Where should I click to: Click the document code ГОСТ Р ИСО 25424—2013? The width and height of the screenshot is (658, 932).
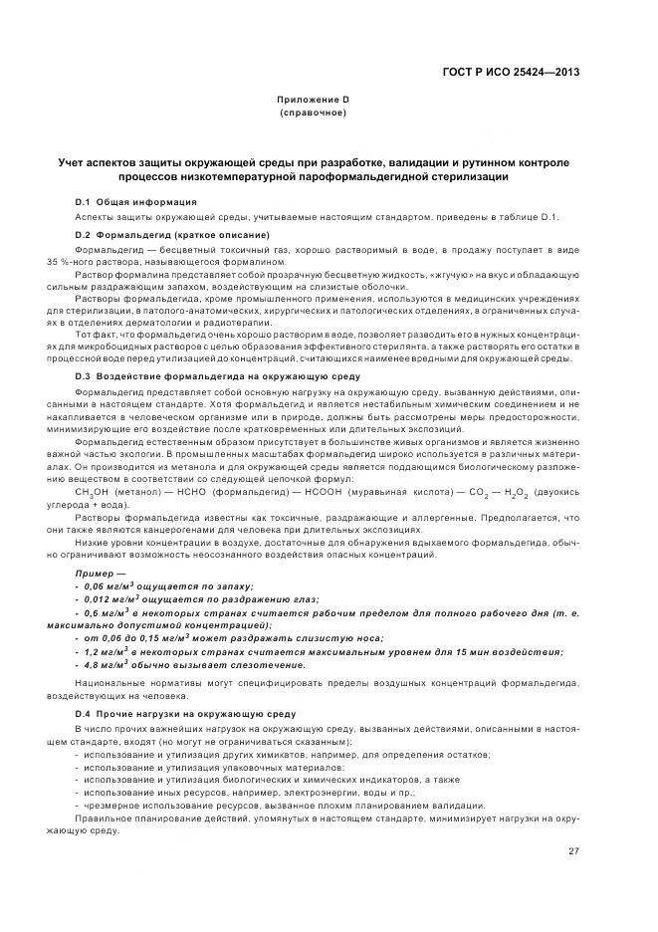511,73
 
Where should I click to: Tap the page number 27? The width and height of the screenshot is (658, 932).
573,850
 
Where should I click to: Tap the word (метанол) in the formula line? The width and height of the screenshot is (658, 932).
132,492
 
